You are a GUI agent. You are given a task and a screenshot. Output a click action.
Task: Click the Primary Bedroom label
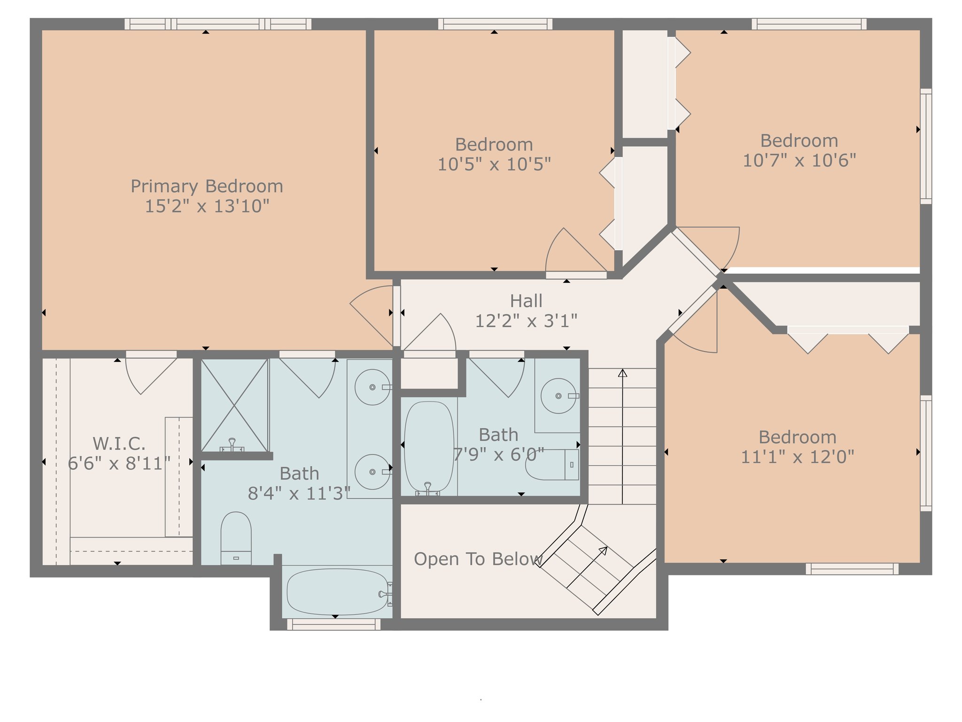pos(207,187)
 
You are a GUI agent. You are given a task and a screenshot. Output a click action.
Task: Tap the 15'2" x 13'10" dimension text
pos(207,206)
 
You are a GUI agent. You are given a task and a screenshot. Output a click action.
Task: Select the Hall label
pos(526,301)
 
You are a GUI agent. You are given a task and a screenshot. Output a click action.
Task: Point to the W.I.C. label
pos(119,443)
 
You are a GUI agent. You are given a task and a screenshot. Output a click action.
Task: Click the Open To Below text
pos(478,559)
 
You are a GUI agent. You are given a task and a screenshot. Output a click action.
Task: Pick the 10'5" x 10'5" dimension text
pos(494,165)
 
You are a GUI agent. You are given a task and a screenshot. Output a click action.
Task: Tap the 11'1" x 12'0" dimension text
pos(797,457)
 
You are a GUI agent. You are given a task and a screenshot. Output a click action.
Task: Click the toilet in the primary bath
pos(236,538)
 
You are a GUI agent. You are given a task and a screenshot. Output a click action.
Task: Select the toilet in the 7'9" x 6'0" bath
pos(552,464)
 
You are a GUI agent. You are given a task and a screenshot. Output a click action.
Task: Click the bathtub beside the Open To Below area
pos(337,592)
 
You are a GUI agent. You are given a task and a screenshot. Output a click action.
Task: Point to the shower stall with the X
pos(234,405)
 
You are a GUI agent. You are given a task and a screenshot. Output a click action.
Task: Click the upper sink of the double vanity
pos(372,387)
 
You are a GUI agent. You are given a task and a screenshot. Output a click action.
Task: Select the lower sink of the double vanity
pos(372,472)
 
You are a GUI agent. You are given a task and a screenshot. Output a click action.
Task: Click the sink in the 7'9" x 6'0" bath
pos(559,396)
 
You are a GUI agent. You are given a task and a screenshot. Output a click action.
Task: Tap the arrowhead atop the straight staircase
pos(622,373)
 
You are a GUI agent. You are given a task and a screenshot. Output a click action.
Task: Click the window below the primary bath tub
pos(334,624)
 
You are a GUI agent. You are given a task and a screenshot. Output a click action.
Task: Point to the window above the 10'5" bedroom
pos(495,24)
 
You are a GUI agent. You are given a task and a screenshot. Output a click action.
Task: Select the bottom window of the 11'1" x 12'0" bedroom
pos(852,569)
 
